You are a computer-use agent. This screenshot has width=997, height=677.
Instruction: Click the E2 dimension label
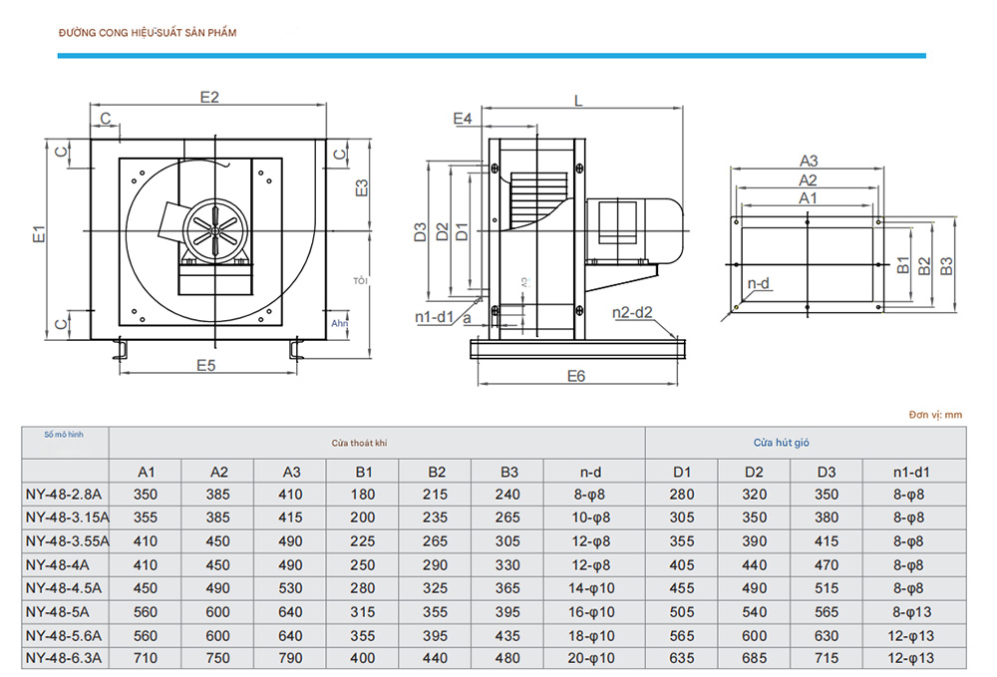(208, 97)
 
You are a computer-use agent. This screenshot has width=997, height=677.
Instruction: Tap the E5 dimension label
(205, 365)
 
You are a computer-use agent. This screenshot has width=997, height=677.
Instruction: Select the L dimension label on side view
(578, 100)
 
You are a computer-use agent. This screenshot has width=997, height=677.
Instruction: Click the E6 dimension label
(576, 376)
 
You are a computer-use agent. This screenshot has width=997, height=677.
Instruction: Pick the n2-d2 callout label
(632, 313)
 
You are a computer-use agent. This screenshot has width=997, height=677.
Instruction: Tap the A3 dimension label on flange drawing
(809, 161)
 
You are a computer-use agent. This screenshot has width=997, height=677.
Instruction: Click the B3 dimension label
(947, 265)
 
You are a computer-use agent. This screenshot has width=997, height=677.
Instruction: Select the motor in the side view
(633, 227)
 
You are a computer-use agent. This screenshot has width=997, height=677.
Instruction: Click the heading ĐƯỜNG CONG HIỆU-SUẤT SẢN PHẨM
(148, 33)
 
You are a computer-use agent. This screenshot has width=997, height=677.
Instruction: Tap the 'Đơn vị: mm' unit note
(935, 414)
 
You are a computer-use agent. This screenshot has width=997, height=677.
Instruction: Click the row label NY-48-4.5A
(64, 587)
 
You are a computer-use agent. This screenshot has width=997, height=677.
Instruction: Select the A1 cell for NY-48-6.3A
(145, 657)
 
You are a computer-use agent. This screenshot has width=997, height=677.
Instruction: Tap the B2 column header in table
(436, 472)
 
